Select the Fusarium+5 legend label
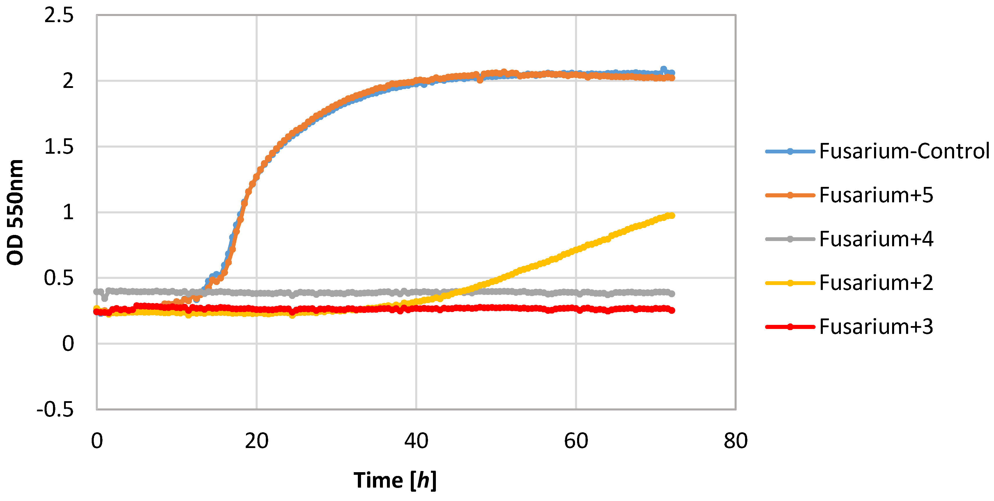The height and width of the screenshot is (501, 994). (x=876, y=195)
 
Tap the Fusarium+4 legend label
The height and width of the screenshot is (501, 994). (x=876, y=239)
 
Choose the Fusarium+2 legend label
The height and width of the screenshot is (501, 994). (x=876, y=283)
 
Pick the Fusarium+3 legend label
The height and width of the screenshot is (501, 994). (x=876, y=327)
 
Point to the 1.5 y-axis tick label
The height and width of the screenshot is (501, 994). (x=59, y=147)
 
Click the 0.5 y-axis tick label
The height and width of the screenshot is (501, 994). (x=59, y=278)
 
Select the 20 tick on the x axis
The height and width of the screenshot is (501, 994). (x=257, y=441)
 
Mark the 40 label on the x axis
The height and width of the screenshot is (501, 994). (x=416, y=441)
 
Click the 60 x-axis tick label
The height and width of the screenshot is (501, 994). (x=576, y=441)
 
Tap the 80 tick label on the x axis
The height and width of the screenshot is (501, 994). (x=736, y=441)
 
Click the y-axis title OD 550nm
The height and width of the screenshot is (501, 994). (x=15, y=212)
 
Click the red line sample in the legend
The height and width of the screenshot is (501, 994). (x=790, y=327)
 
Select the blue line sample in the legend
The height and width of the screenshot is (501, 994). (x=790, y=151)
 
